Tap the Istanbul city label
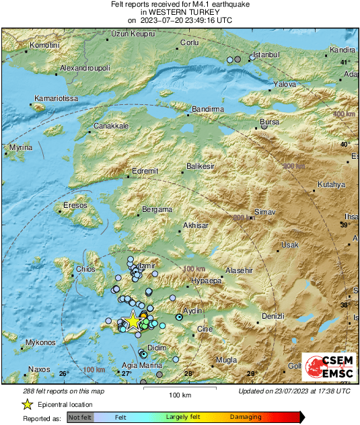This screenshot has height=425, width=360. (264, 54)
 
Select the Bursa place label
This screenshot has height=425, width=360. (269, 122)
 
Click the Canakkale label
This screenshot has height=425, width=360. (111, 126)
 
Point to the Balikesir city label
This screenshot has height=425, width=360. (200, 165)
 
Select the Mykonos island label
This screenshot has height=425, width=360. (40, 343)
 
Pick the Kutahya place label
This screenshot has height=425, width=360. (332, 184)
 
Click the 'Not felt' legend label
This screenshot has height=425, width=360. (79, 418)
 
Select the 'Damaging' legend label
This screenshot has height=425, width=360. (246, 418)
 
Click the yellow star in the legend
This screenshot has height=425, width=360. (27, 405)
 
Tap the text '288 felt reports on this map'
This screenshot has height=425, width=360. (63, 391)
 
